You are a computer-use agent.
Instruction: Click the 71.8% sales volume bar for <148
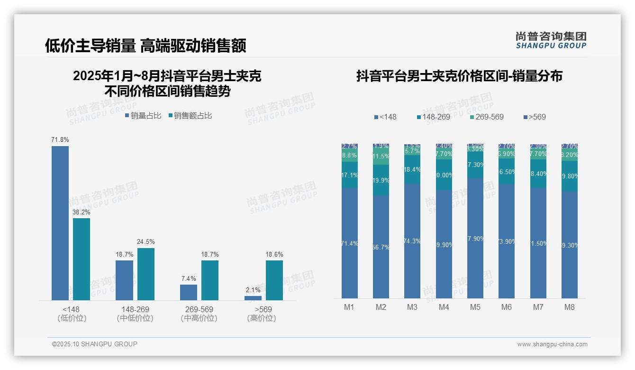tap(60, 223)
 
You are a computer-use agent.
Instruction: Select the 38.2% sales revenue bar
tap(82, 259)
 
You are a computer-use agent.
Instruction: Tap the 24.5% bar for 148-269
tap(146, 274)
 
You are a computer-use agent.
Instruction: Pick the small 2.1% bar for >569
tap(253, 298)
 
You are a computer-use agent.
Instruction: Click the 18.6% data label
tap(274, 255)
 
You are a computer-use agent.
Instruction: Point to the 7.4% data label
tap(189, 279)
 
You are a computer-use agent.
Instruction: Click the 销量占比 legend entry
tap(143, 116)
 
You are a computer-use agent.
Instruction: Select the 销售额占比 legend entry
tap(190, 116)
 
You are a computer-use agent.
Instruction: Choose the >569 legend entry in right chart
tap(535, 117)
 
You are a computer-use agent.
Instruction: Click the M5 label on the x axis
tap(475, 307)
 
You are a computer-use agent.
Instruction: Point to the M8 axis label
tap(570, 307)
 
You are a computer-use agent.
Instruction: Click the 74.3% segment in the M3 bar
tap(412, 241)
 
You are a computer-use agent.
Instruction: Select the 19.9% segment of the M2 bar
tap(381, 180)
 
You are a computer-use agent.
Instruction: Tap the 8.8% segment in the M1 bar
tap(350, 155)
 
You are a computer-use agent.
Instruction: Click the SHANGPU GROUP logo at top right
tap(551, 40)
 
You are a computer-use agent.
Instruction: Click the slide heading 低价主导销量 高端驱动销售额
tap(145, 46)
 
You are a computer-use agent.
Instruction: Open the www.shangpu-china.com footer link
tap(552, 344)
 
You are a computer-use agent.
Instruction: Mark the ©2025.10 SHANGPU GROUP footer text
tap(95, 344)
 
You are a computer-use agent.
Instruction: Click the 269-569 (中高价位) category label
tap(199, 314)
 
